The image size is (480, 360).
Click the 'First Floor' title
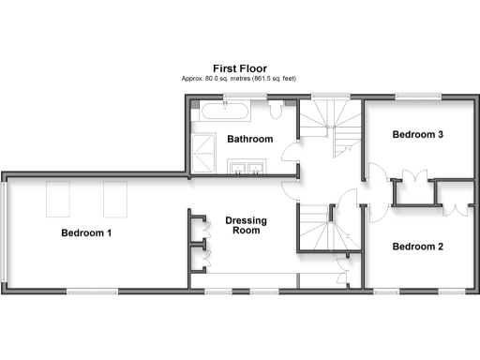click(240, 68)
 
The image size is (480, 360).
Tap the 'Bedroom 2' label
click(418, 247)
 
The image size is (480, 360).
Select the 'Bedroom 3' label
click(418, 134)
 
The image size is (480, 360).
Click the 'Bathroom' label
click(250, 139)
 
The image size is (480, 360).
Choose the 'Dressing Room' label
click(247, 225)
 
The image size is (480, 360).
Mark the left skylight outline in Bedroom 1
click(59, 198)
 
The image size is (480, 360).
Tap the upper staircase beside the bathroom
click(328, 127)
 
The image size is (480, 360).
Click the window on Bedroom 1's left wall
click(5, 232)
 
